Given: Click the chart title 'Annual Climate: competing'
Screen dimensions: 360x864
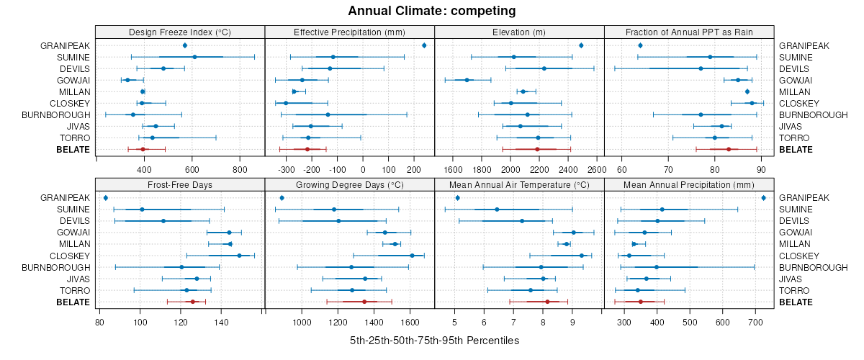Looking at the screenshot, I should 431,11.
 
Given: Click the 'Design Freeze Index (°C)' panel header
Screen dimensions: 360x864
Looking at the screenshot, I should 179,32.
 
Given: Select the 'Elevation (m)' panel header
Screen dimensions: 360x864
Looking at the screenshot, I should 519,32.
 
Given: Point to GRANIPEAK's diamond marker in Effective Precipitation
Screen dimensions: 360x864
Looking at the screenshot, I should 424,45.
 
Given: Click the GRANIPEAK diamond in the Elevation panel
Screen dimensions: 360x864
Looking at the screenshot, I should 581,45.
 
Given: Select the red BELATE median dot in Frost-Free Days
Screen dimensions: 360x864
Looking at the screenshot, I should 192,302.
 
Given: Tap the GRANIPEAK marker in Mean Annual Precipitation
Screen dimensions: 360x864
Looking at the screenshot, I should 763,197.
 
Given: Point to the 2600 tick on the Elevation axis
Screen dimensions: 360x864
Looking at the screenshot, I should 596,170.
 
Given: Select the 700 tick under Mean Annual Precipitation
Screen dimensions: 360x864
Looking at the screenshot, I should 756,322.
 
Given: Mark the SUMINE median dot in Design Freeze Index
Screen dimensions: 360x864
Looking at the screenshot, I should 194,57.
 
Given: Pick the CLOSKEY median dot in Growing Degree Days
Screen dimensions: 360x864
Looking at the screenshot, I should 412,256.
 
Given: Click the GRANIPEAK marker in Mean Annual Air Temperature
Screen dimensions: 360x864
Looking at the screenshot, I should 457,197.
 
